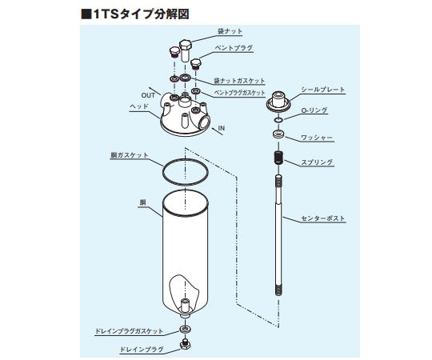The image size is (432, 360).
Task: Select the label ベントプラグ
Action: [x=234, y=48]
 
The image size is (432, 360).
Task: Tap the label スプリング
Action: [x=318, y=162]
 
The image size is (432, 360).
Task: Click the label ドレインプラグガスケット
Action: [x=128, y=330]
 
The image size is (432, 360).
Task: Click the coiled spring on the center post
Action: [x=278, y=157]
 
